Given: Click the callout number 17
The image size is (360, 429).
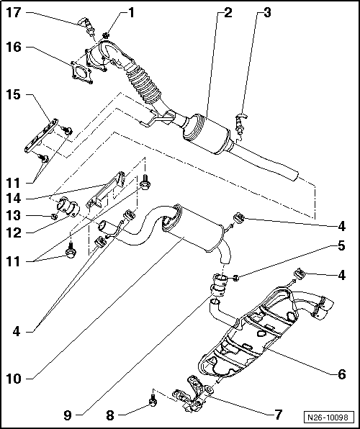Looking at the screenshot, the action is click(x=13, y=12).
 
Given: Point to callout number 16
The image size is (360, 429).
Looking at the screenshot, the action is click(x=13, y=47).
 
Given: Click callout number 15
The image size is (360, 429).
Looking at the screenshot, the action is click(x=13, y=95).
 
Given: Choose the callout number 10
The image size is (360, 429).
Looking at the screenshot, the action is click(x=13, y=379).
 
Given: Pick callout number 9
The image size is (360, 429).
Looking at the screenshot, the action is click(x=68, y=415).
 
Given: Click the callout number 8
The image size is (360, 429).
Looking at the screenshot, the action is click(x=109, y=415).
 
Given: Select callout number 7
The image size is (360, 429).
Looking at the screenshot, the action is click(x=278, y=415).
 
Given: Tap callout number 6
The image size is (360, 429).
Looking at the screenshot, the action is click(x=341, y=374).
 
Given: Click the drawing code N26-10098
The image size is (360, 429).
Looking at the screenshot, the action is click(x=328, y=417).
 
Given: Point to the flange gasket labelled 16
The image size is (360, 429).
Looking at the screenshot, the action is click(x=81, y=73).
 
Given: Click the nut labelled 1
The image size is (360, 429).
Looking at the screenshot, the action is click(x=107, y=35).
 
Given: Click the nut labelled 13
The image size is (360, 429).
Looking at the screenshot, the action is click(x=55, y=217).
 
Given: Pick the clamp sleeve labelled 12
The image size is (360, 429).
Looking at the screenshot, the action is click(x=68, y=209).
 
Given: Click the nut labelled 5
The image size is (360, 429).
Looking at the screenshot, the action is click(x=236, y=279).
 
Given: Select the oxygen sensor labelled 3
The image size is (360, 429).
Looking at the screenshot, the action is click(x=240, y=124).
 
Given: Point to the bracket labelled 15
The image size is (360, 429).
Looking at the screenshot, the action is click(x=41, y=136).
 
